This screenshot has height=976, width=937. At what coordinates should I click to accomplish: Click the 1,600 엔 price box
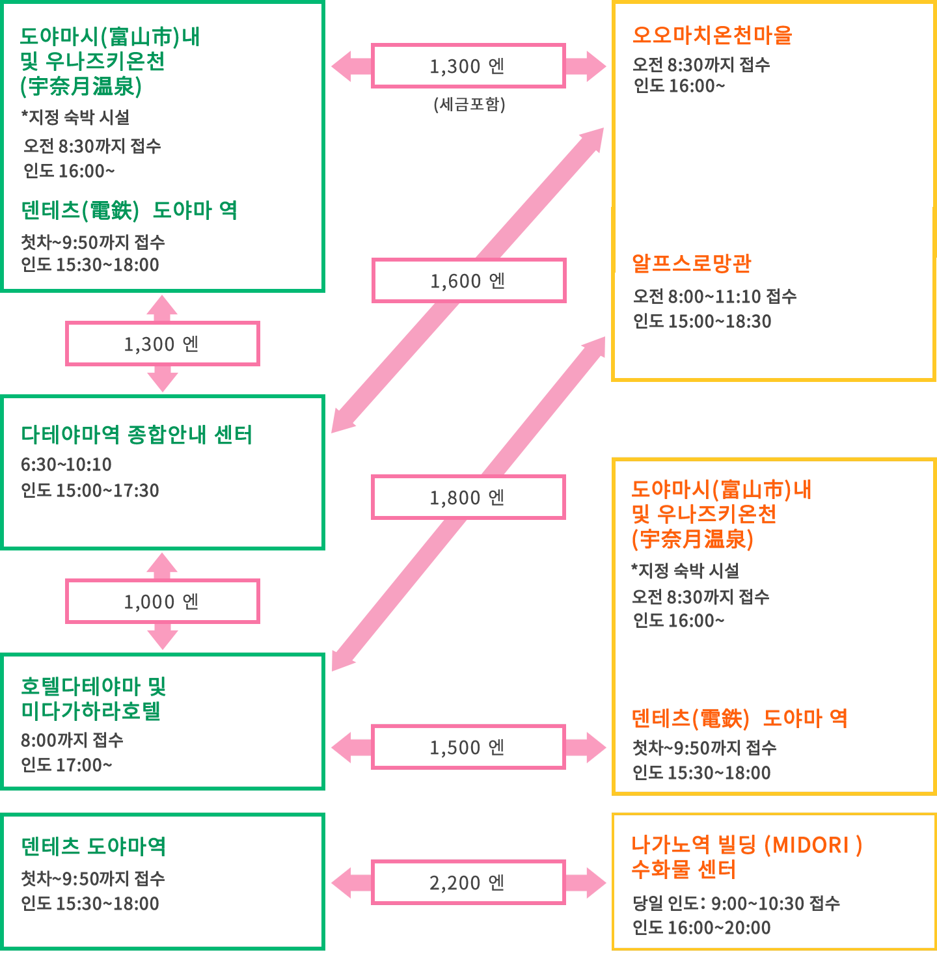point(469,280)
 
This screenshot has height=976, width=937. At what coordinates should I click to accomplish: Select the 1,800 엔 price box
point(468,497)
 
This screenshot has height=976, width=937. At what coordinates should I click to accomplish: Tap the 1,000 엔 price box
point(163,601)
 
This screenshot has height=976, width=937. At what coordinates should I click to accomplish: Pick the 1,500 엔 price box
point(468,747)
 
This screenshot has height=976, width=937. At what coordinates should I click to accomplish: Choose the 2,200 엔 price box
point(468,882)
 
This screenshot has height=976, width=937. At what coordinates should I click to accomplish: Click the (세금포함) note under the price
point(469,104)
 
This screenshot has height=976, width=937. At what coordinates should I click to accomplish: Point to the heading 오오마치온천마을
point(713,35)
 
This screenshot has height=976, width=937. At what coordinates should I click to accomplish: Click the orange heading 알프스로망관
point(692,264)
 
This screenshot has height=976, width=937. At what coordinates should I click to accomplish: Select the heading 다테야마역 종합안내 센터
point(137,435)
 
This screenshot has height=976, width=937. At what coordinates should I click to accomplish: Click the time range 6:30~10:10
point(66,465)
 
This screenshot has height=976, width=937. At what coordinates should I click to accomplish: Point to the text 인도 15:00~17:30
point(90,491)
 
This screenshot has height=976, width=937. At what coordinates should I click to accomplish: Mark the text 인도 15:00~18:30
point(702,321)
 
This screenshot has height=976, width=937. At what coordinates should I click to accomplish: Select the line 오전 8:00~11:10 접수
point(715,297)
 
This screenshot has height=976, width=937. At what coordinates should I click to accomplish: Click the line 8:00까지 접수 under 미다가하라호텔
point(72,740)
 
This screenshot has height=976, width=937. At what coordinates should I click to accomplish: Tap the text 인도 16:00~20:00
point(701,928)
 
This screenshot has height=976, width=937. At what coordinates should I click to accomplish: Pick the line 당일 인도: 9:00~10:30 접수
point(737,903)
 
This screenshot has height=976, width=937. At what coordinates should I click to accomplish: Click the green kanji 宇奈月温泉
point(81,86)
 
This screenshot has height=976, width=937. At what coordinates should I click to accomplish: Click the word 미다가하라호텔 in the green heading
point(91,711)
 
